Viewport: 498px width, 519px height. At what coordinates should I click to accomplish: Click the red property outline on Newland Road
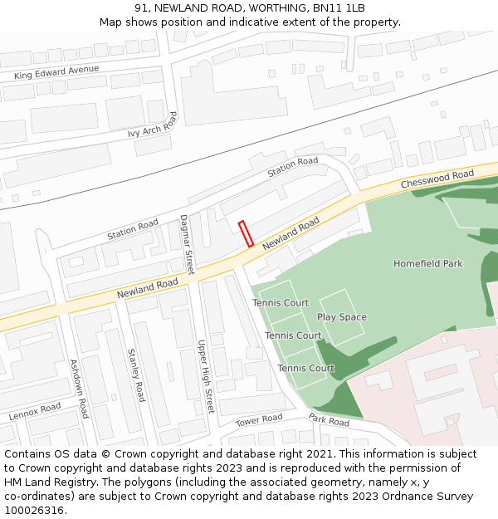click(246, 233)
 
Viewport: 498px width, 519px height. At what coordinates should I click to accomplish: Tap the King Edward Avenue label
click(56, 73)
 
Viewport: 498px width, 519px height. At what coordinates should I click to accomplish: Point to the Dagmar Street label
click(187, 244)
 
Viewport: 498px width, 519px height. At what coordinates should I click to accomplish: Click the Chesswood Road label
click(437, 179)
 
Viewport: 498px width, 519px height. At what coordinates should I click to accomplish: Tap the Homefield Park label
click(427, 263)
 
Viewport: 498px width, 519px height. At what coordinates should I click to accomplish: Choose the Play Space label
click(341, 317)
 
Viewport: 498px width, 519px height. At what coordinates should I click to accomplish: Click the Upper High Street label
click(205, 376)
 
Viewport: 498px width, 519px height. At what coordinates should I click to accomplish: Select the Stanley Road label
click(136, 375)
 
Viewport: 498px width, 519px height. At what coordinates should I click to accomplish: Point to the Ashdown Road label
click(79, 388)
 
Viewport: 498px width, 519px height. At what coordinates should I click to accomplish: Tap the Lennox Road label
click(35, 411)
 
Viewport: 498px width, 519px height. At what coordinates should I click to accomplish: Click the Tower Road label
click(259, 421)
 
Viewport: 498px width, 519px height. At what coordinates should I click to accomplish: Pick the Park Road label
click(329, 421)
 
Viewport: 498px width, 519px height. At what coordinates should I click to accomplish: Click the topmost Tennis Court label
click(281, 303)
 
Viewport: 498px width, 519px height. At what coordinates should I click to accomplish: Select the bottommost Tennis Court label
click(305, 368)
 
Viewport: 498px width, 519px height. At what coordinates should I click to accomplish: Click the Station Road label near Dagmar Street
click(132, 229)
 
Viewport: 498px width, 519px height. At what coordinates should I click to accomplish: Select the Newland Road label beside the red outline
click(290, 234)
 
